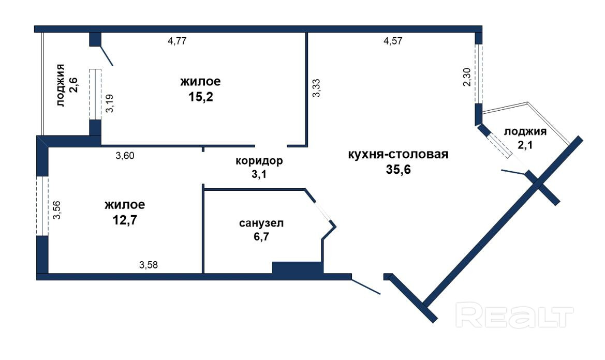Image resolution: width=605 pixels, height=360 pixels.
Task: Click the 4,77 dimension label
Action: [177, 41]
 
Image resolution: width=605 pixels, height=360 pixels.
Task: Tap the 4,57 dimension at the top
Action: [393, 41]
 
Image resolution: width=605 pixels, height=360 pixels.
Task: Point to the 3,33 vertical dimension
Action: [316, 88]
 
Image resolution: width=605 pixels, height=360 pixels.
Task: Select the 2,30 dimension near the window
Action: [467, 77]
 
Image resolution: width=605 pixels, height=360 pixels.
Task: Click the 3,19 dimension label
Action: [110, 103]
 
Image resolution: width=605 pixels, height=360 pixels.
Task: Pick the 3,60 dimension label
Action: [125, 156]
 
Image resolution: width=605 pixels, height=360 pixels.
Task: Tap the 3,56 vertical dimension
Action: [57, 210]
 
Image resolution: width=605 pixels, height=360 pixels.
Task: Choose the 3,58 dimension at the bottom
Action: [149, 265]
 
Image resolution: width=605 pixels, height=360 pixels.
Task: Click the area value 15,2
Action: [201, 97]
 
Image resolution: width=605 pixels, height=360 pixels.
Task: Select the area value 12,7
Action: [125, 220]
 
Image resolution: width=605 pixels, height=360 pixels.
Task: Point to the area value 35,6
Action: [399, 169]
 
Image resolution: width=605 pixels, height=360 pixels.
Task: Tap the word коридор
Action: [259, 161]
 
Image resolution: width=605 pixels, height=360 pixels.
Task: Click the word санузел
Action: [261, 223]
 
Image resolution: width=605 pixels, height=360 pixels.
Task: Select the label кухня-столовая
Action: [398, 155]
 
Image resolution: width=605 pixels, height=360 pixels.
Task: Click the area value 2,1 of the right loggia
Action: [525, 145]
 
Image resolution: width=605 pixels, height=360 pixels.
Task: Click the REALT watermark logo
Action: [514, 315]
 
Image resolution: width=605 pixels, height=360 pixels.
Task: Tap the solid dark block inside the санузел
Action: [298, 268]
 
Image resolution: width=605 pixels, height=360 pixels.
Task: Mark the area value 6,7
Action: [261, 237]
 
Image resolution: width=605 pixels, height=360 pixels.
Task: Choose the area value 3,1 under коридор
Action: [259, 174]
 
